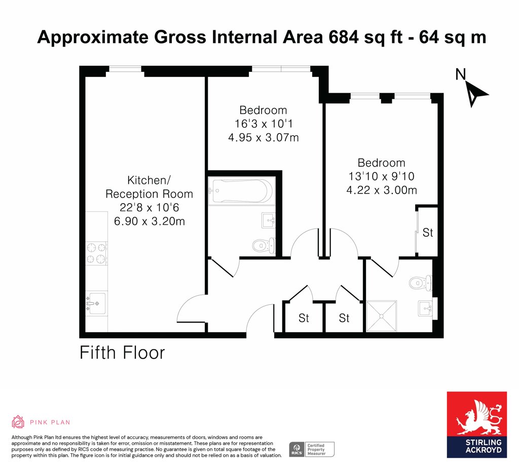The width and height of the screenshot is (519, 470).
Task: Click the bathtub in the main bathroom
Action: coord(242,191)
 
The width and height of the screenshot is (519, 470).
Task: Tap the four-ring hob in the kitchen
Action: coord(96,253)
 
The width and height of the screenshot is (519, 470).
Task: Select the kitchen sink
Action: coord(96,303)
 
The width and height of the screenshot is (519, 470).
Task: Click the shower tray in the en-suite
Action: coord(382,316)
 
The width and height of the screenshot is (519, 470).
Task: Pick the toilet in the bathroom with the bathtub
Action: coord(264,246)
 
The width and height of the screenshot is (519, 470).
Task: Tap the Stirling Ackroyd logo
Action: coord(476,425)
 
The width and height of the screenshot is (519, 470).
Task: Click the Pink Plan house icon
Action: coord(18,422)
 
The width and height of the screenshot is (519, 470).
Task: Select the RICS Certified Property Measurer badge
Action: coord(312,450)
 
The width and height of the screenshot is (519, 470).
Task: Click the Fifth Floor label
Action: coord(122,352)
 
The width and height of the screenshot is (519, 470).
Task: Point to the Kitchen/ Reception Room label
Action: coord(149,187)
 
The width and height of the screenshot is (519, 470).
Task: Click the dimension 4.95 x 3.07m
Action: coord(264,137)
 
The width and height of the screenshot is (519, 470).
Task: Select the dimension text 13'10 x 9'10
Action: coord(381,176)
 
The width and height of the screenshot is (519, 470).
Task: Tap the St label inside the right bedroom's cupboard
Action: coord(428,232)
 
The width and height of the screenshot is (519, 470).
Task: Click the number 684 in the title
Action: coord(344,36)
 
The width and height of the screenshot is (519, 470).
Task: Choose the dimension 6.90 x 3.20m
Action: coord(150,221)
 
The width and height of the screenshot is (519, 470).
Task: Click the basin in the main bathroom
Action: coord(269,220)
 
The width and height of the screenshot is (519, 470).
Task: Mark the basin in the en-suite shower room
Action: coord(425,308)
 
